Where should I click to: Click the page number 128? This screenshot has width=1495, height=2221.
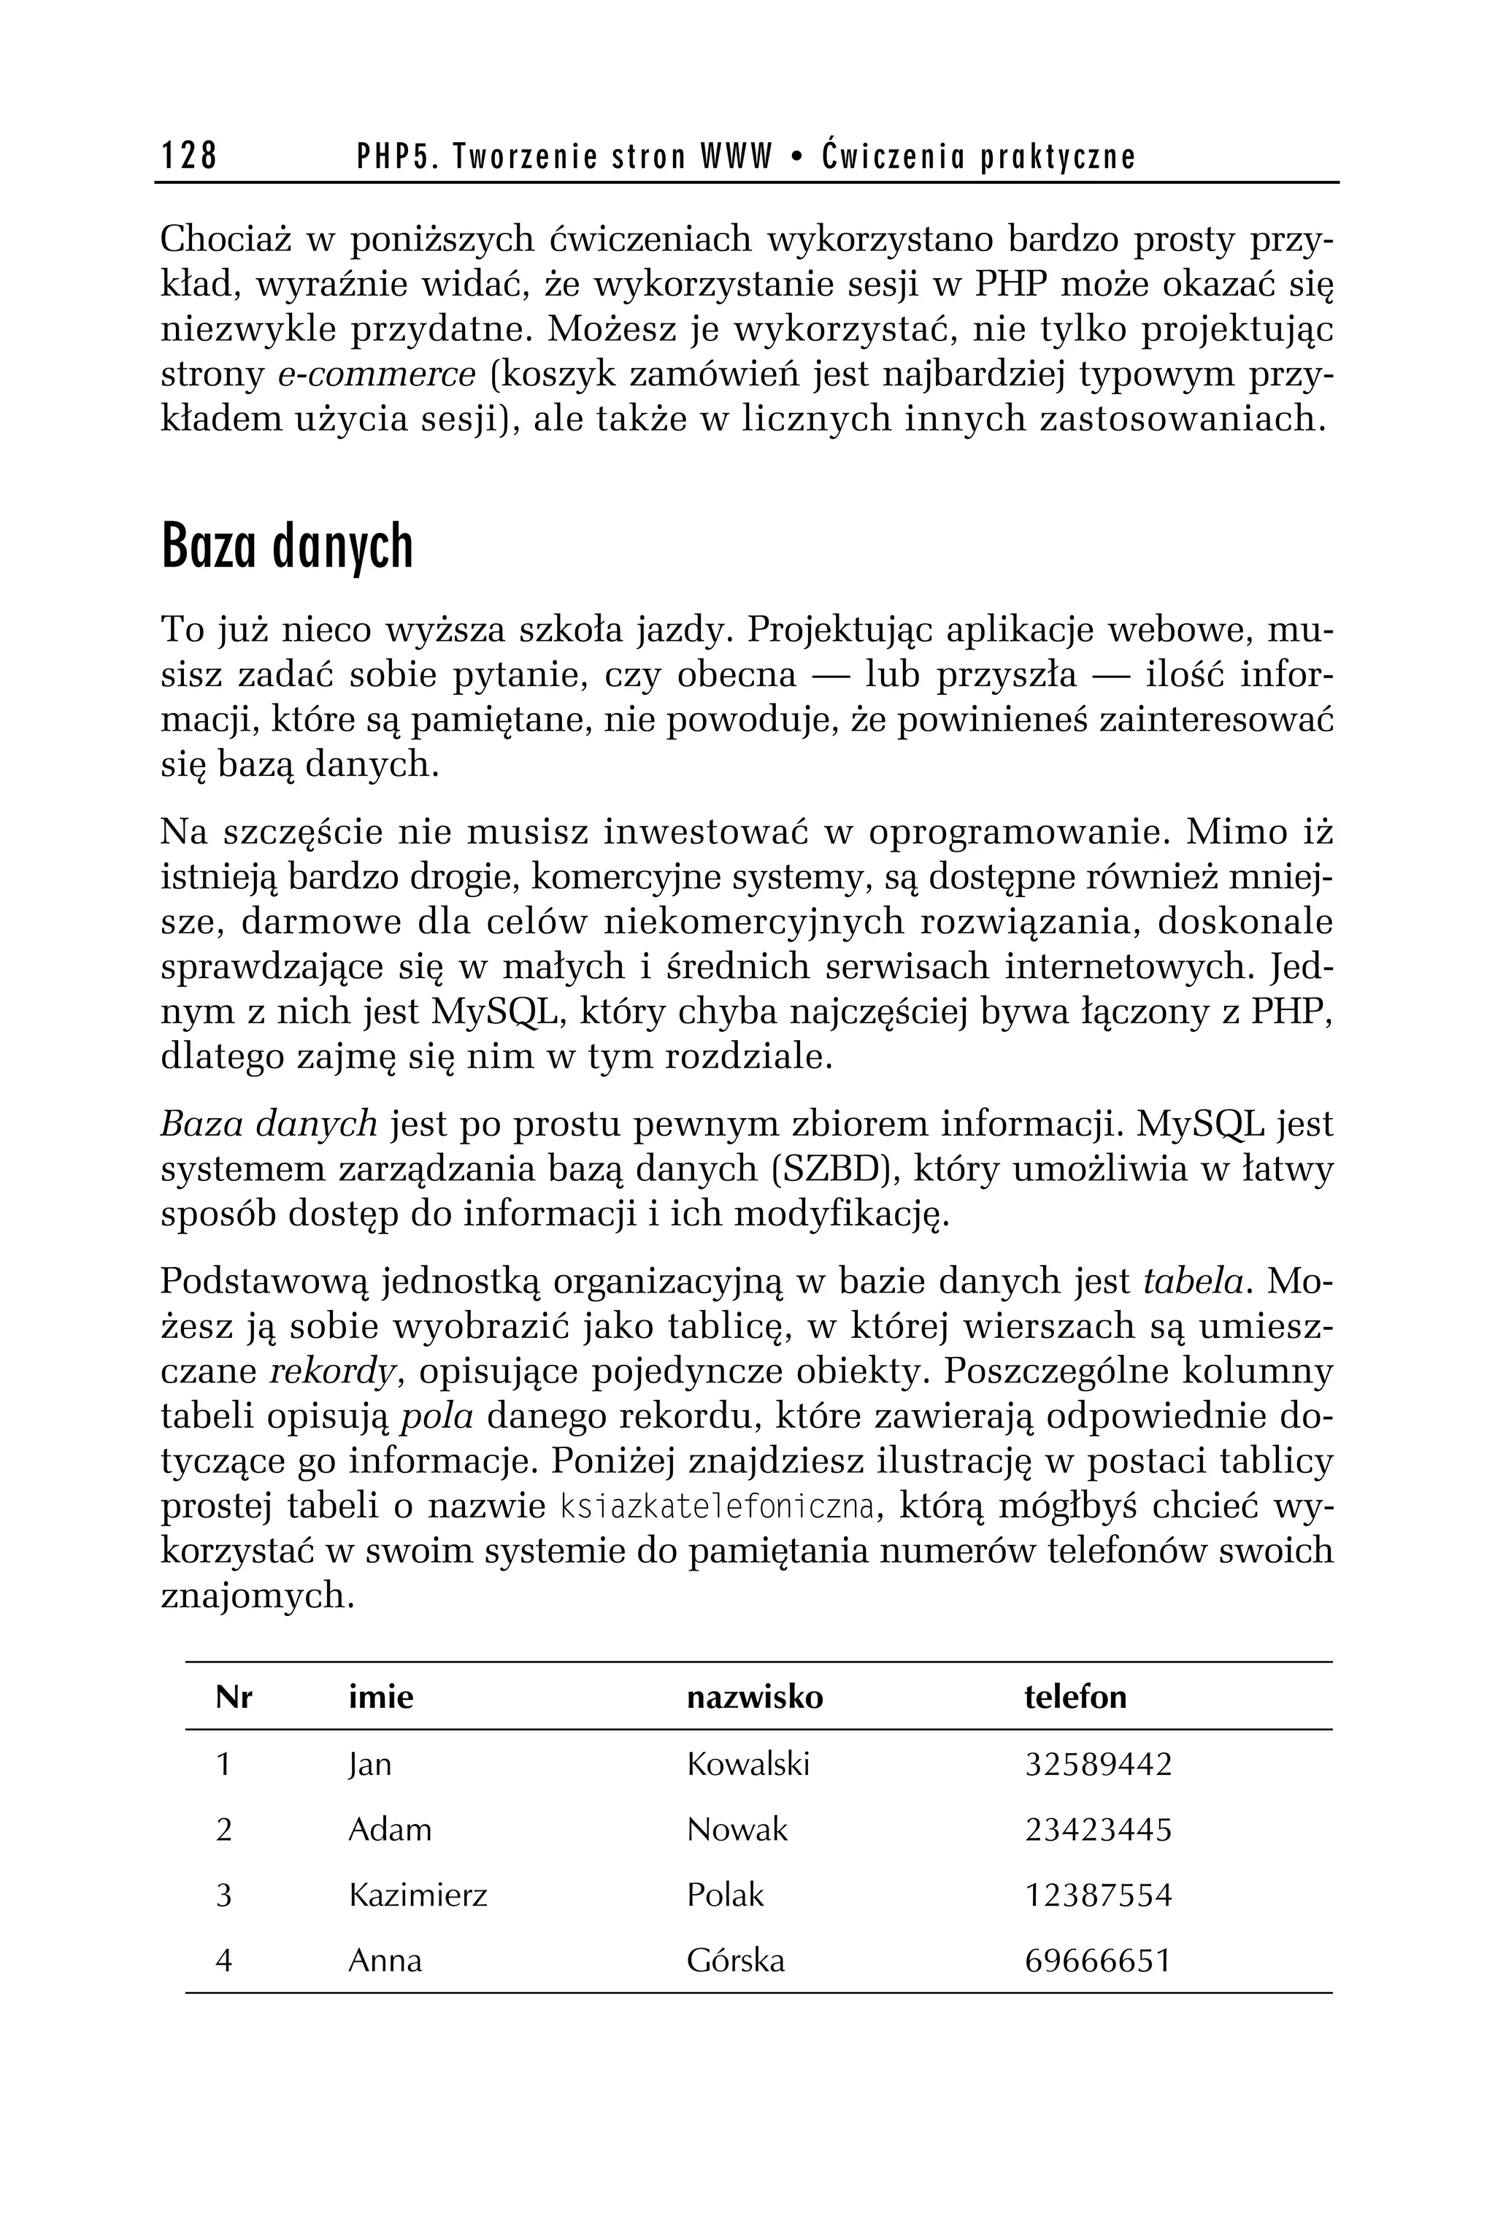pyautogui.click(x=189, y=155)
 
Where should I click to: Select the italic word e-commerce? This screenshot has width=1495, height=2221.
pyautogui.click(x=376, y=374)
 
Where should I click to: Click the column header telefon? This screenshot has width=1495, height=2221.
pyautogui.click(x=1075, y=1697)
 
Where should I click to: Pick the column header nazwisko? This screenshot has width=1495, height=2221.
pyautogui.click(x=754, y=1697)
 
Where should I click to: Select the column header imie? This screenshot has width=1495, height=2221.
pyautogui.click(x=380, y=1697)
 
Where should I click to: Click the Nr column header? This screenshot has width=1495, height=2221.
pyautogui.click(x=234, y=1697)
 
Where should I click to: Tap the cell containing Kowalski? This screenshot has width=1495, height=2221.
pyautogui.click(x=747, y=1763)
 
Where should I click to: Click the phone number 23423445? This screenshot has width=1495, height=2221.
pyautogui.click(x=1097, y=1829)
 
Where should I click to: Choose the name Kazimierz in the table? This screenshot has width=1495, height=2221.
pyautogui.click(x=418, y=1894)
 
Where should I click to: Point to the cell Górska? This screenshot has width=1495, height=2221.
pyautogui.click(x=735, y=1960)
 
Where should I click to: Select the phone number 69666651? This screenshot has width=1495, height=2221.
pyautogui.click(x=1096, y=1960)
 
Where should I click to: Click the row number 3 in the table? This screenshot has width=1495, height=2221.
pyautogui.click(x=224, y=1894)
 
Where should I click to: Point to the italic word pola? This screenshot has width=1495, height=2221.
pyautogui.click(x=436, y=1417)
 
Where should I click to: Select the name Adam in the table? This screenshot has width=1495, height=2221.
pyautogui.click(x=389, y=1829)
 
